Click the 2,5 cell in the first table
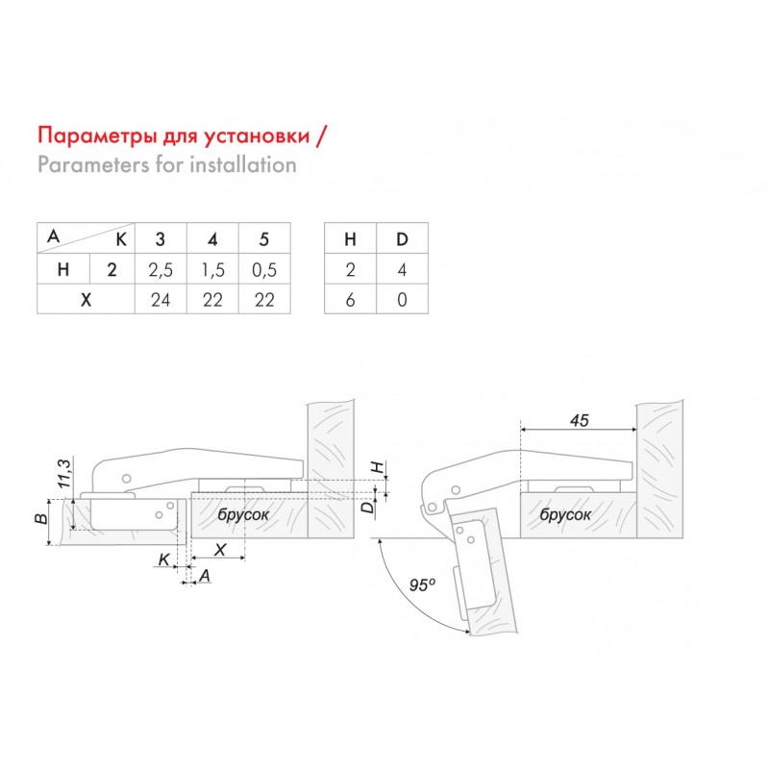(161, 269)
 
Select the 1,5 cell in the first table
(212, 269)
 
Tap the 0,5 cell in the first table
(264, 269)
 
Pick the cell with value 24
(161, 299)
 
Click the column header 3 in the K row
(161, 238)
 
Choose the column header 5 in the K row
(264, 238)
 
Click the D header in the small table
(402, 238)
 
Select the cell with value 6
(350, 299)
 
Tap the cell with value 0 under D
(402, 299)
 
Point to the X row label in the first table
(86, 299)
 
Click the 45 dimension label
(580, 420)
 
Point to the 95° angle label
(422, 584)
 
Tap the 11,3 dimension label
(64, 473)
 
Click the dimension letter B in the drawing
(42, 518)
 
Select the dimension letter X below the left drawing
(220, 549)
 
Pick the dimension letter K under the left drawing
(163, 559)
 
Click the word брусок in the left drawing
(243, 514)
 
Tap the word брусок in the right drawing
(565, 514)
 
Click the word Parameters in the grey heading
(93, 164)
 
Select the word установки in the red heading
(257, 136)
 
